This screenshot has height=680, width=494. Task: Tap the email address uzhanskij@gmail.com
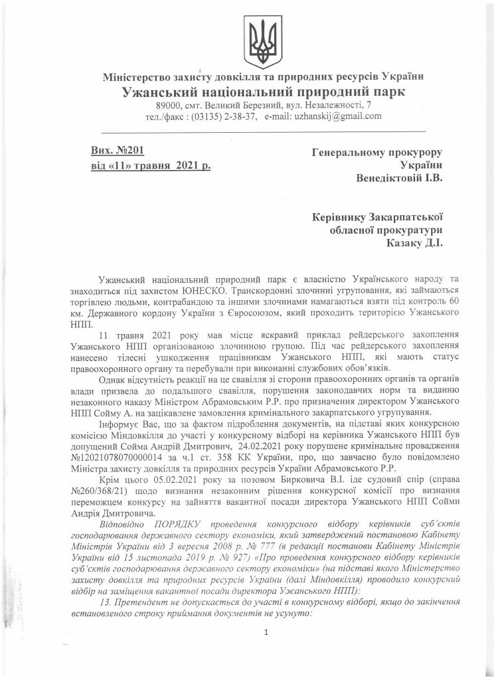click(322, 116)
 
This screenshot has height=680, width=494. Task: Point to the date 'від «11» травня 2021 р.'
click(151, 165)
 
